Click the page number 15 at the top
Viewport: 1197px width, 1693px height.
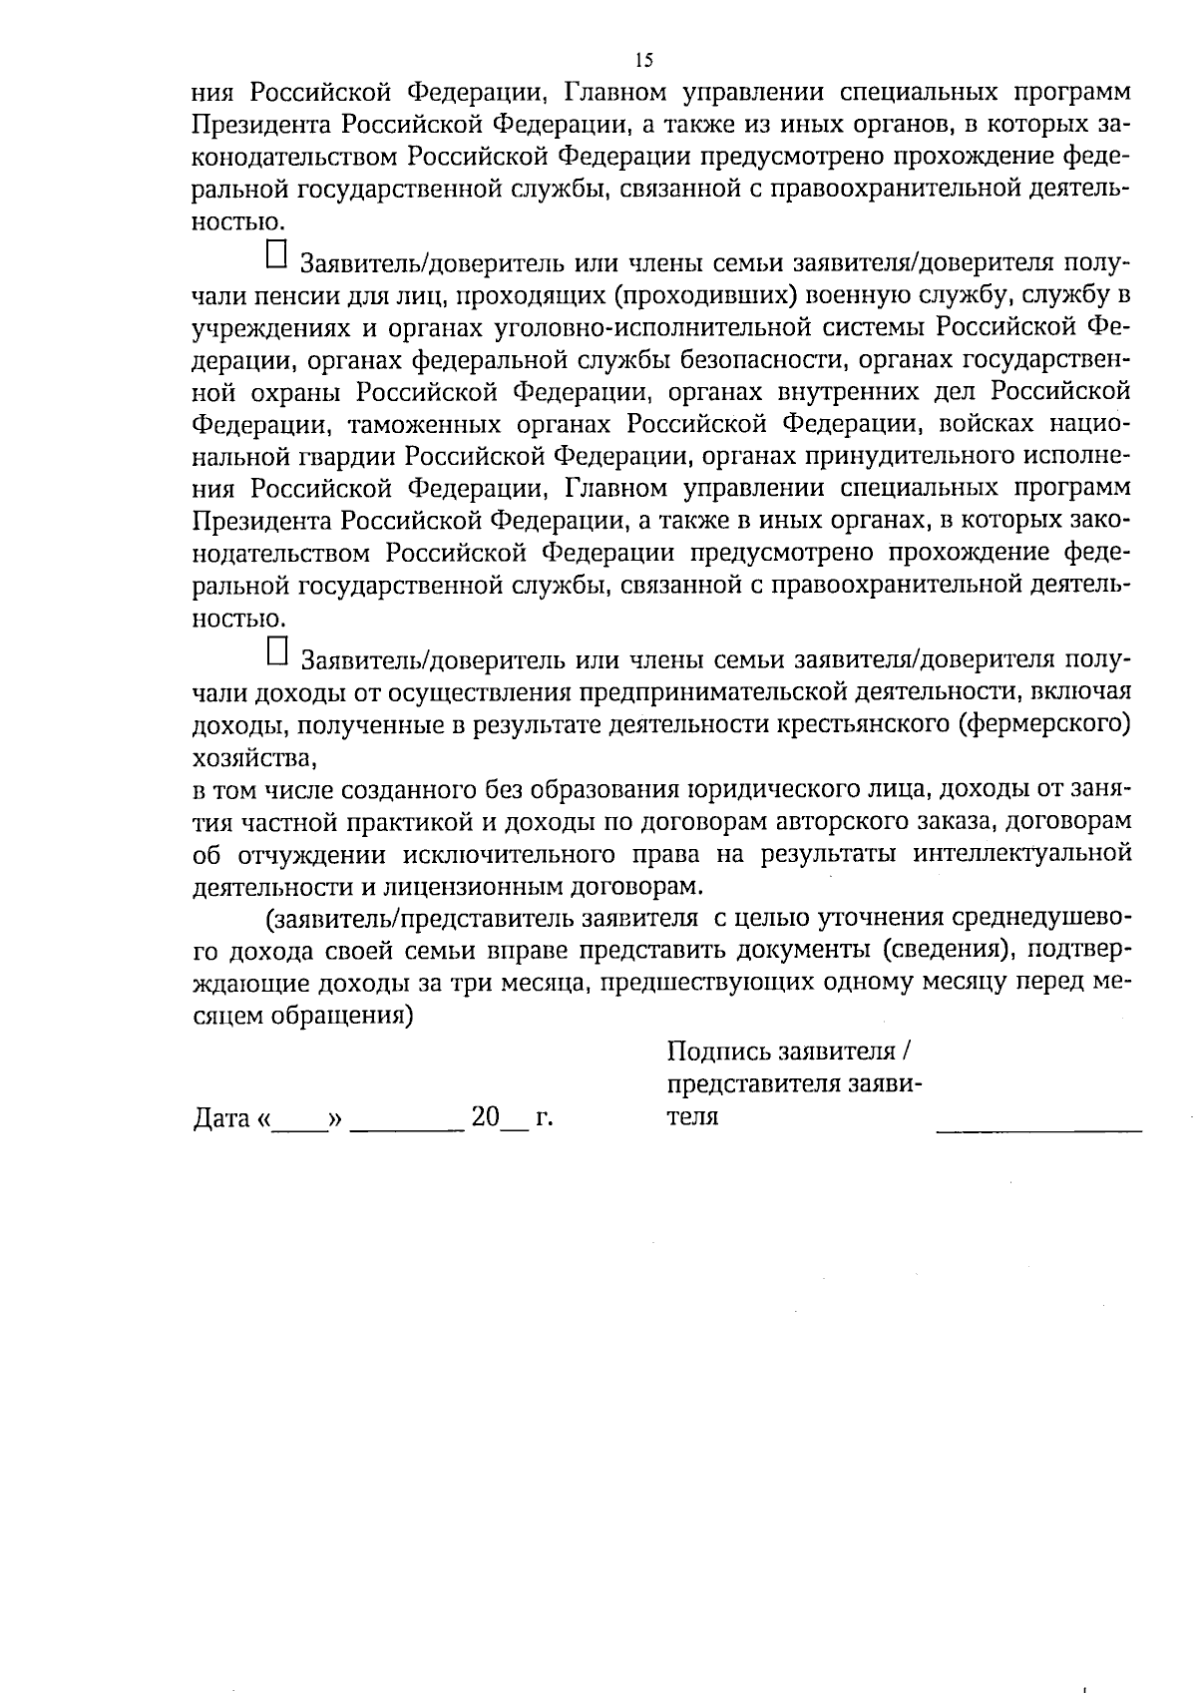pos(643,60)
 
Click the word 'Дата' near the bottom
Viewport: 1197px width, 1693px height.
pos(221,1118)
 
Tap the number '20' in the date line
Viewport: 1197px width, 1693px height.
pos(485,1117)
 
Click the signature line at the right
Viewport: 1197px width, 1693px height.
pos(1038,1127)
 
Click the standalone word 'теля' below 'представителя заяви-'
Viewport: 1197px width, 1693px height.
pos(692,1116)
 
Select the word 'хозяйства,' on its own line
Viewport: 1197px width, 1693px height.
pos(253,758)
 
